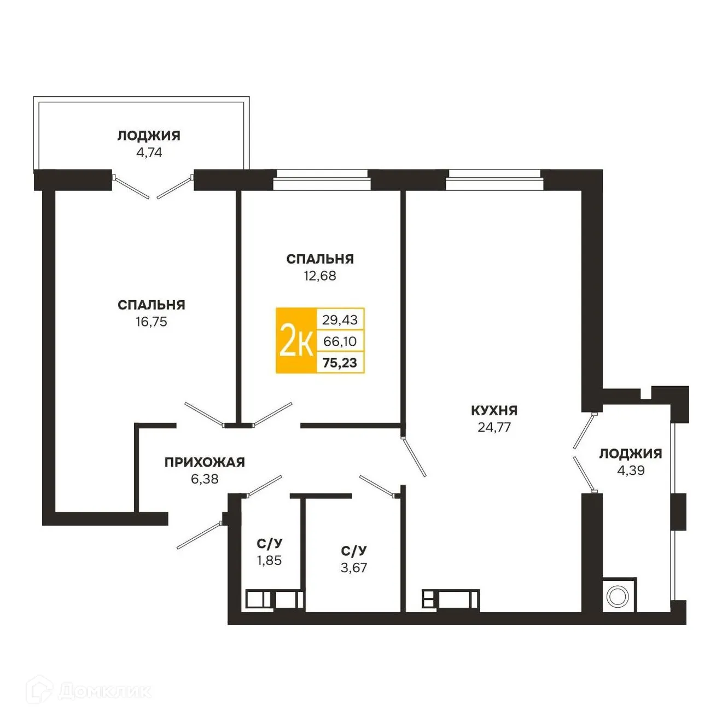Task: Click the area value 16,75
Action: (x=152, y=322)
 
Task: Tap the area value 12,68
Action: (x=320, y=276)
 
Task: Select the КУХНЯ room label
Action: (x=494, y=410)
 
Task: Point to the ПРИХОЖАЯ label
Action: (x=205, y=462)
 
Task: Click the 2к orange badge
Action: (x=296, y=341)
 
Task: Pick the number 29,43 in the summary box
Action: (x=340, y=319)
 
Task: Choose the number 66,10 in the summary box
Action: (x=340, y=341)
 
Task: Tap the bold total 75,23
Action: (x=340, y=363)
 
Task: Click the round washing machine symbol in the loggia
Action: (x=617, y=596)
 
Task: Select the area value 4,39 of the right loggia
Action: (x=631, y=470)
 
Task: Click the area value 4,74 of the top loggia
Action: (x=149, y=153)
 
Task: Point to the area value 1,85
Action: (x=269, y=561)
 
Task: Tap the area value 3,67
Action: (x=354, y=568)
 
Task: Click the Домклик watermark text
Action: (x=104, y=691)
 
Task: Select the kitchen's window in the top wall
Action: (x=494, y=180)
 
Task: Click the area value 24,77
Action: (x=494, y=427)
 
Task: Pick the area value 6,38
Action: (x=205, y=479)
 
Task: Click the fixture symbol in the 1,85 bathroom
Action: (x=273, y=599)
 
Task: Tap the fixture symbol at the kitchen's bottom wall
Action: (x=450, y=600)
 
